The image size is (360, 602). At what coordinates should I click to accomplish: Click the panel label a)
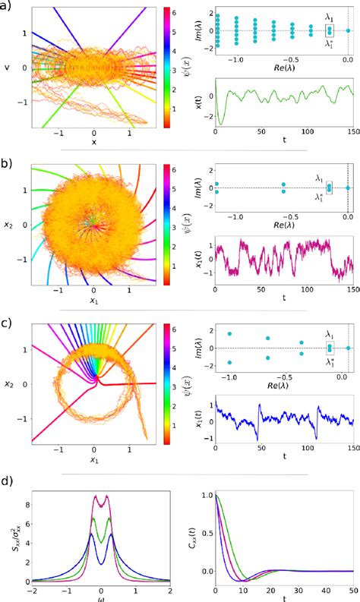point(7,8)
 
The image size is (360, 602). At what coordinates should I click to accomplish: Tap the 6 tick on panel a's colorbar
point(174,11)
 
